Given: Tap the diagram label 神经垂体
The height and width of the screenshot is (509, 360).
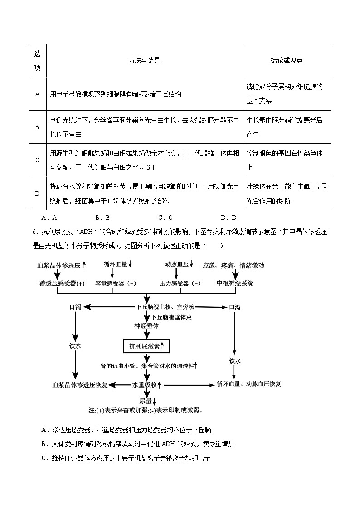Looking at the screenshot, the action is coord(146,325).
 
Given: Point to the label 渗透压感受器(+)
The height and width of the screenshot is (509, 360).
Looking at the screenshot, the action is coord(62,283).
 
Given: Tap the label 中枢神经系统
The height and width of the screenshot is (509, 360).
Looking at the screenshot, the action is coord(235,283).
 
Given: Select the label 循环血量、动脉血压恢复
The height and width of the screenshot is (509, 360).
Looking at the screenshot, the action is coord(249,384).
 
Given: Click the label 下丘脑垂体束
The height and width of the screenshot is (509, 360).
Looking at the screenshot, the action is coord(171,317).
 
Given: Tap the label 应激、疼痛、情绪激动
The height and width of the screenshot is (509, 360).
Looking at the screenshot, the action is coord(233,265).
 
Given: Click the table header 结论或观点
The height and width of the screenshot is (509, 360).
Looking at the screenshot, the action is coord(287,60).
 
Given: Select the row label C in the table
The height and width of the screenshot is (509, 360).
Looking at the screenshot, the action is coord(37,160).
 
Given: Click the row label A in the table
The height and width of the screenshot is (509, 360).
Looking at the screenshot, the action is coord(37,94).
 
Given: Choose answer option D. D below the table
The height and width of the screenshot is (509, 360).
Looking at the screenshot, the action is coord(229,218).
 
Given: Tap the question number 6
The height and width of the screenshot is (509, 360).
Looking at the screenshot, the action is coord(34,233).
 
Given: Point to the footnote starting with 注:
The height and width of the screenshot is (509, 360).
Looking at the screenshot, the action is coord(146,411).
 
